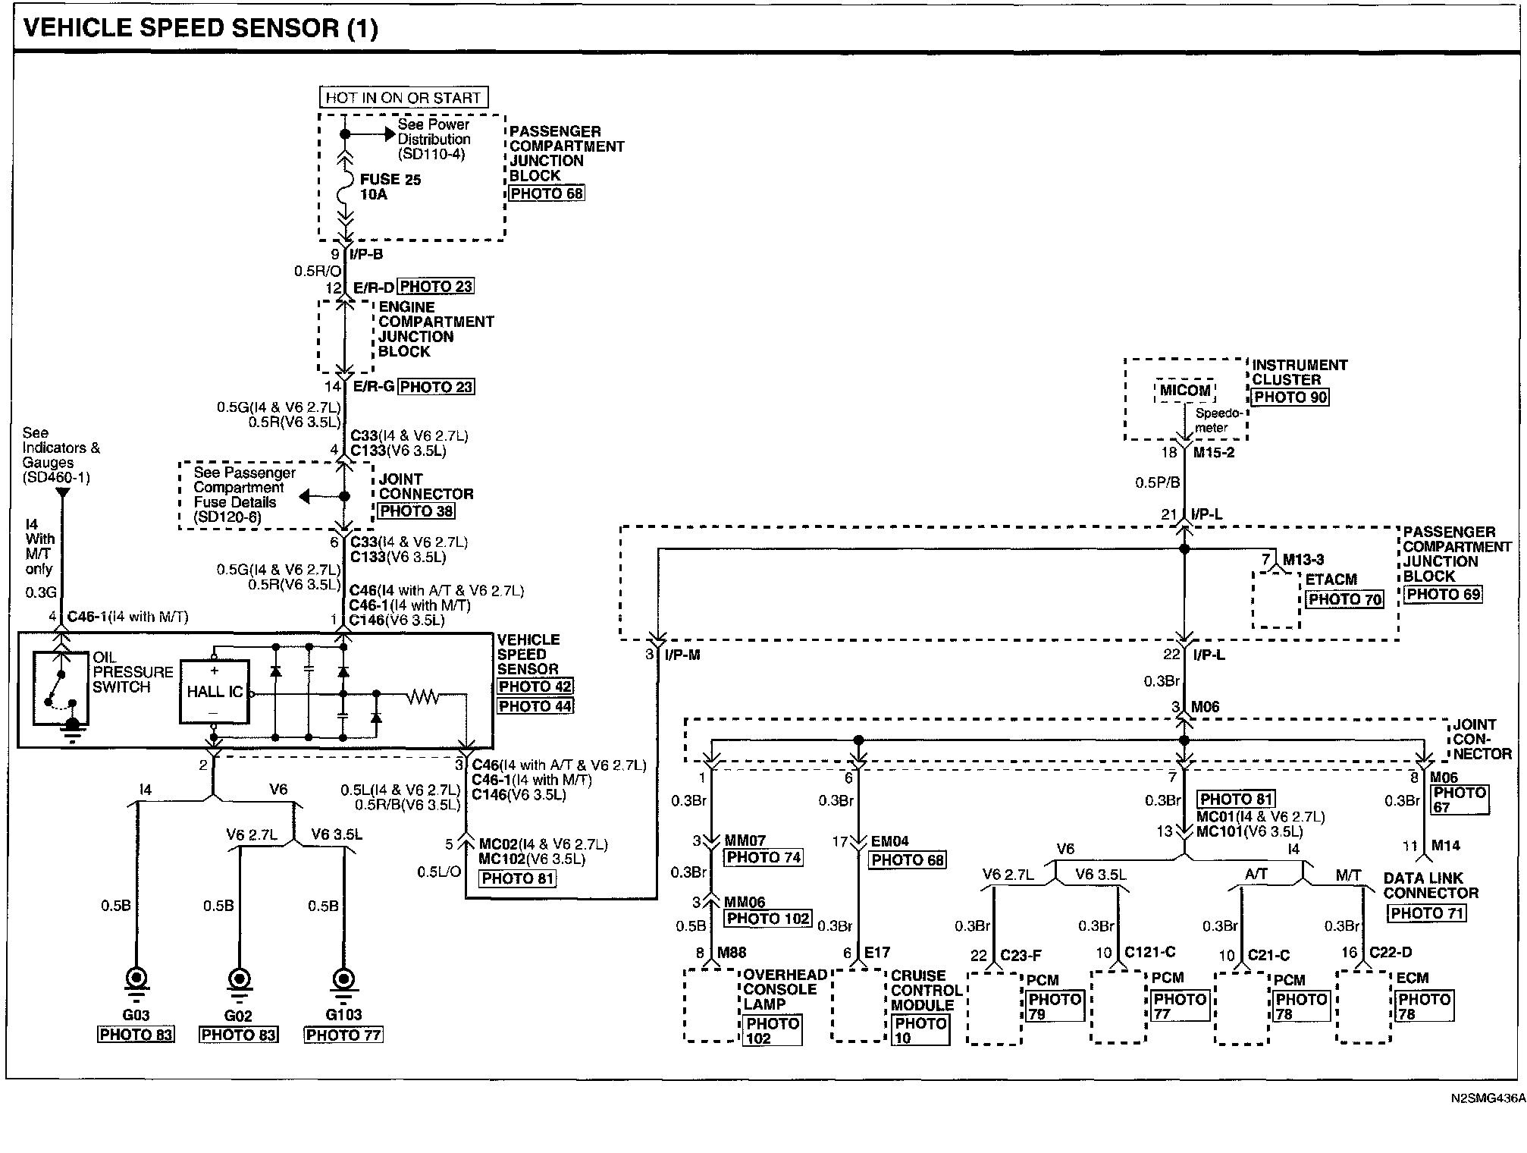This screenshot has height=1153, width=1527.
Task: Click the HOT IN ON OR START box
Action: click(403, 97)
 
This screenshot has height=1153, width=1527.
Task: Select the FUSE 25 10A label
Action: click(390, 187)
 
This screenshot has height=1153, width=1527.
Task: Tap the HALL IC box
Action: click(215, 691)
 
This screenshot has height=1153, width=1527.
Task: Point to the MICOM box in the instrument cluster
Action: click(1185, 391)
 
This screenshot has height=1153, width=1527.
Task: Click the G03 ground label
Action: click(136, 1015)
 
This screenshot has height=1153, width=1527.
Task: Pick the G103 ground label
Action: click(343, 1015)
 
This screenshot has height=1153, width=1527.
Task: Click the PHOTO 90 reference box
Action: click(1290, 397)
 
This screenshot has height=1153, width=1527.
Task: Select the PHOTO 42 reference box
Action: click(535, 686)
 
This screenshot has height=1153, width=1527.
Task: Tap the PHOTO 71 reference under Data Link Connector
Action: click(1426, 913)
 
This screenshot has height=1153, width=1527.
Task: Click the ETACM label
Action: click(1331, 580)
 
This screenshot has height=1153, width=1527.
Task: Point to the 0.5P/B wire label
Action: click(1157, 482)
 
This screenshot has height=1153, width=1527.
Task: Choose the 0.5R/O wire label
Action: click(318, 271)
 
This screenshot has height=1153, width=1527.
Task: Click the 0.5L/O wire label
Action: click(439, 872)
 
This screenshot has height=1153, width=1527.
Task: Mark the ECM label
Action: click(1413, 978)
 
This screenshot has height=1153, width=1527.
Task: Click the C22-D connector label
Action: click(1391, 953)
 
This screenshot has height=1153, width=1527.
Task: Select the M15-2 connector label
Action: click(1214, 453)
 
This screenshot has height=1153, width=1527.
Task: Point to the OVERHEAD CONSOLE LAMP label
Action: click(784, 989)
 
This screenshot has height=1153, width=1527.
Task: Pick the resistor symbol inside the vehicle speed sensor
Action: click(422, 696)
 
